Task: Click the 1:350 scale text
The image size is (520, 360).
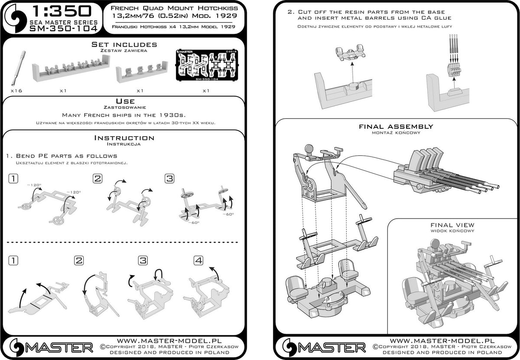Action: [62, 11]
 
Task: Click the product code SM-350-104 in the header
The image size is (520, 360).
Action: [63, 29]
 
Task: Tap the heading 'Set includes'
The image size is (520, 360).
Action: [124, 44]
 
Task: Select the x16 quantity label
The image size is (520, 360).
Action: [16, 91]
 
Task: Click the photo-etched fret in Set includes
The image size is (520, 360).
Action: [207, 65]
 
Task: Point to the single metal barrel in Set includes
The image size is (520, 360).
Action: [19, 69]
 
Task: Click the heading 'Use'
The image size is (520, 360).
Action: [125, 101]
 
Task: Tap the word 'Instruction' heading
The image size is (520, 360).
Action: [124, 138]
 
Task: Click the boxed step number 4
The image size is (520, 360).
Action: [198, 260]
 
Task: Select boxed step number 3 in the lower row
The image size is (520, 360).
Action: [143, 260]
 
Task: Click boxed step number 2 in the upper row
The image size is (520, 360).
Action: [97, 179]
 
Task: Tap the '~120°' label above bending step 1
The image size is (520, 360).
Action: [34, 185]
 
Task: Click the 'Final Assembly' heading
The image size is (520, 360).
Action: [396, 127]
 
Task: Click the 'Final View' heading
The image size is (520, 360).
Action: [452, 225]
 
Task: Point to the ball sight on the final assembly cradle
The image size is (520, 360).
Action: [309, 148]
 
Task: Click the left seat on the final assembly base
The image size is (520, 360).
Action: [297, 288]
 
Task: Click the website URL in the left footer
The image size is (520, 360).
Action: [169, 341]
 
